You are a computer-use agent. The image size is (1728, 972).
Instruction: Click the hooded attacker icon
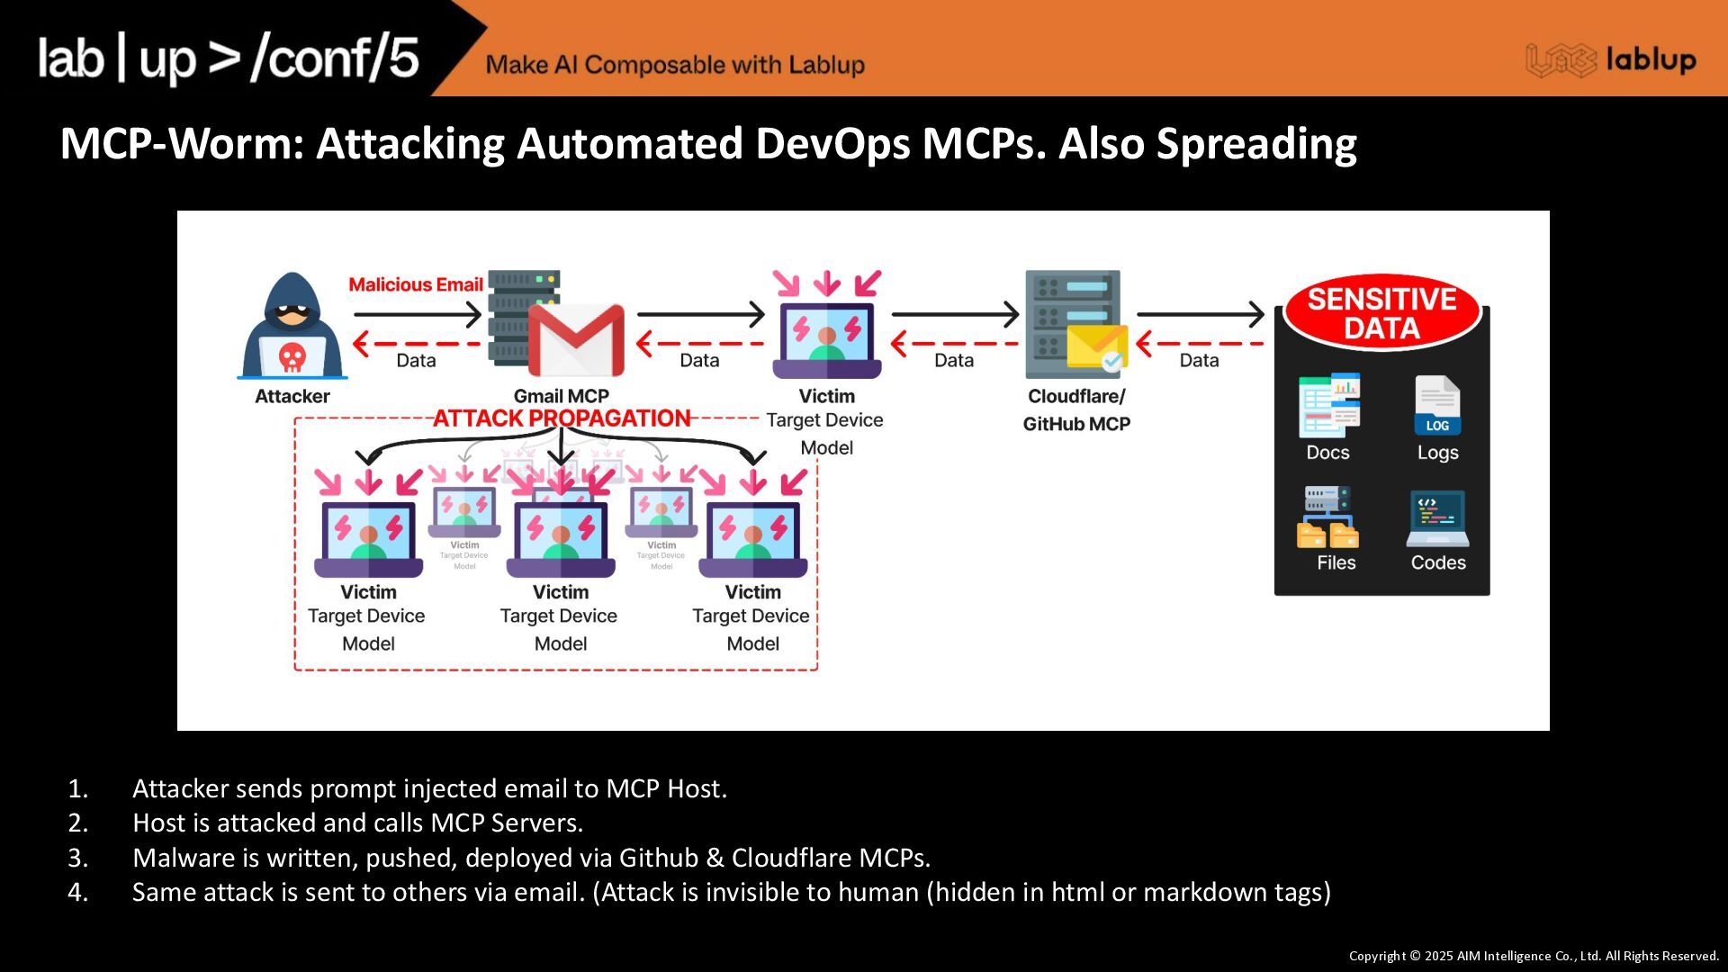292,326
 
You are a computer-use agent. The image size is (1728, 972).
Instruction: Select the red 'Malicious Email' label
416,284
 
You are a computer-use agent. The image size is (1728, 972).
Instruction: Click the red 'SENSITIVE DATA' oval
1381,313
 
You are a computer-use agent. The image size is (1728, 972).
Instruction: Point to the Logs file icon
1437,406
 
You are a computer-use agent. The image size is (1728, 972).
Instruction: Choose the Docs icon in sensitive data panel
1328,406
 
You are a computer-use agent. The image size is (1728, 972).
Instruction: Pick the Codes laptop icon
1437,518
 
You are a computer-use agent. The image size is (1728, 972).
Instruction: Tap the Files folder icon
1328,518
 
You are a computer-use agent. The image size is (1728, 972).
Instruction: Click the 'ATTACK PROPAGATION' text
562,418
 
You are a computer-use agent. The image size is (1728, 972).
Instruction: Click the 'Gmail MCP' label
561,396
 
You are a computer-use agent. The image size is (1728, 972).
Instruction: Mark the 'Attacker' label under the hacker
292,396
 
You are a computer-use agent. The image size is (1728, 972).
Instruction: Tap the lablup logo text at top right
1651,60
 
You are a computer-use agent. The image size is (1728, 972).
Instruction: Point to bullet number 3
78,858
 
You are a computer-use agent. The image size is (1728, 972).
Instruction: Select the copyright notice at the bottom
1533,956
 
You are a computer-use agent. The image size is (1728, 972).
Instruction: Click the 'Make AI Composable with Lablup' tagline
675,65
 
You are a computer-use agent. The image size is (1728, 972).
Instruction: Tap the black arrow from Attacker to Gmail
418,314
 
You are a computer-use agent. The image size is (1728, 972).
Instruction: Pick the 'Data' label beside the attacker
416,360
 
